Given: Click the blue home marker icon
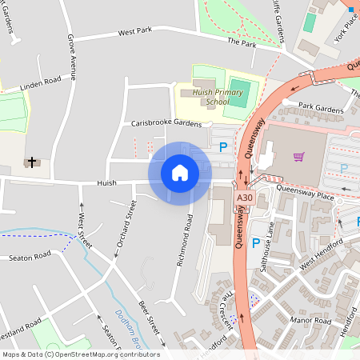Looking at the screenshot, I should [x=180, y=172].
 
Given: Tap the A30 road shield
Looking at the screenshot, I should [x=244, y=198].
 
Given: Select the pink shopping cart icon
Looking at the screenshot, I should [x=298, y=157].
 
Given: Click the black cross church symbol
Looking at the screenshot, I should [x=33, y=162].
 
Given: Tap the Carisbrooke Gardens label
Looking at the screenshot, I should [x=166, y=124].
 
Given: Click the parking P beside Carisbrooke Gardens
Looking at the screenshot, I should [x=223, y=146].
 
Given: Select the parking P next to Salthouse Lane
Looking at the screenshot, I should [x=255, y=242].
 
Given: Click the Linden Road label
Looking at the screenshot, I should [x=41, y=82].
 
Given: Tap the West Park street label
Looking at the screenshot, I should [x=134, y=32].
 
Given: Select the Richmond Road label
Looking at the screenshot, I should [x=184, y=238].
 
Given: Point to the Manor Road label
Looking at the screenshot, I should [x=311, y=322].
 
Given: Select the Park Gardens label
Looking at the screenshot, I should [x=319, y=106].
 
